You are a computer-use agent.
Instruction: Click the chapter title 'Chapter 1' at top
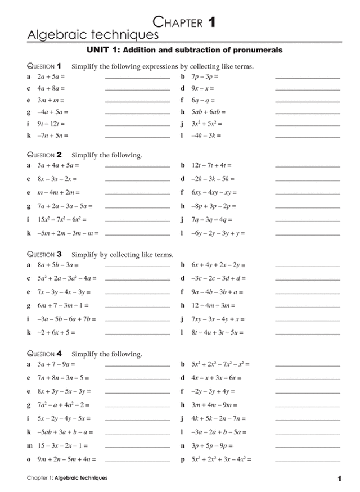point(184,22)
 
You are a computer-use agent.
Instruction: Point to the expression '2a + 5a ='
point(51,75)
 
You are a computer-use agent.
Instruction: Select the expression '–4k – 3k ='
point(206,136)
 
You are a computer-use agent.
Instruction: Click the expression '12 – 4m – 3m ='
point(213,305)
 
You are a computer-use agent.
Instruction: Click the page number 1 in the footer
point(340,479)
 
